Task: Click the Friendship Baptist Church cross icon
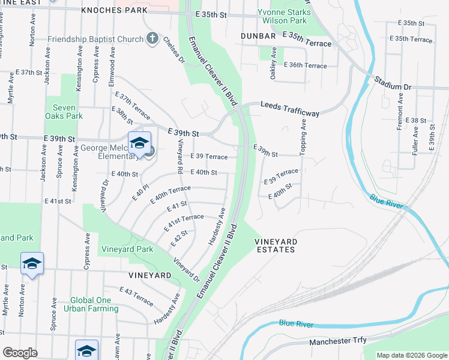tap(152, 40)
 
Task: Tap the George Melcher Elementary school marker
tap(139, 144)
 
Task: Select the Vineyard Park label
tap(127, 249)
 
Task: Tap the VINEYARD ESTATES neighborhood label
tap(276, 246)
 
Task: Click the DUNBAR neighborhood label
tap(258, 36)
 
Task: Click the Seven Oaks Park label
tap(63, 112)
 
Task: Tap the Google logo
tap(20, 352)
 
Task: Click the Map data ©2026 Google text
tap(411, 355)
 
